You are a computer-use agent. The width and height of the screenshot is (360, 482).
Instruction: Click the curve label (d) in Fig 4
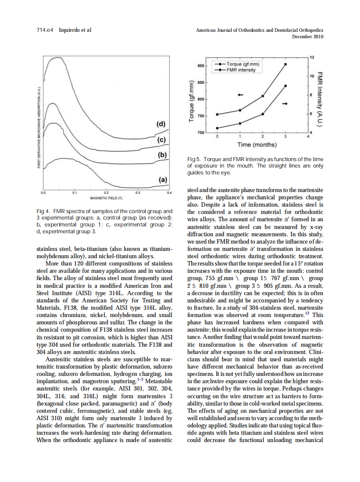pyautogui.click(x=161, y=124)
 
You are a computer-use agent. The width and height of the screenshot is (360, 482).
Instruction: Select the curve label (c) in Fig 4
pyautogui.click(x=162, y=140)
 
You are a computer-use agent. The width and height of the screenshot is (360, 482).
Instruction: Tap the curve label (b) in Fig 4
pyautogui.click(x=162, y=155)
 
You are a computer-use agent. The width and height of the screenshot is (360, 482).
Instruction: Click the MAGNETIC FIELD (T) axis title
pyautogui.click(x=106, y=199)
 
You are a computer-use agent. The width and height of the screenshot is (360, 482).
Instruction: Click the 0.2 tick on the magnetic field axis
pyautogui.click(x=106, y=194)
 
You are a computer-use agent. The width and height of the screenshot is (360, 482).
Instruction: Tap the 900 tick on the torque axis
pyautogui.click(x=200, y=66)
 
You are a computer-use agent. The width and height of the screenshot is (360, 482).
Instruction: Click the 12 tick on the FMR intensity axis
pyautogui.click(x=312, y=58)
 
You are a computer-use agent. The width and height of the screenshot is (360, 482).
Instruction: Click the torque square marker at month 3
pyautogui.click(x=286, y=64)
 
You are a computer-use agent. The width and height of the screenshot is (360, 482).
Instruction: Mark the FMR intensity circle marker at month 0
pyautogui.click(x=217, y=128)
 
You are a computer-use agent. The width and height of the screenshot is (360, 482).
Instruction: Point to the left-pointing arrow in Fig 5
pyautogui.click(x=241, y=95)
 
